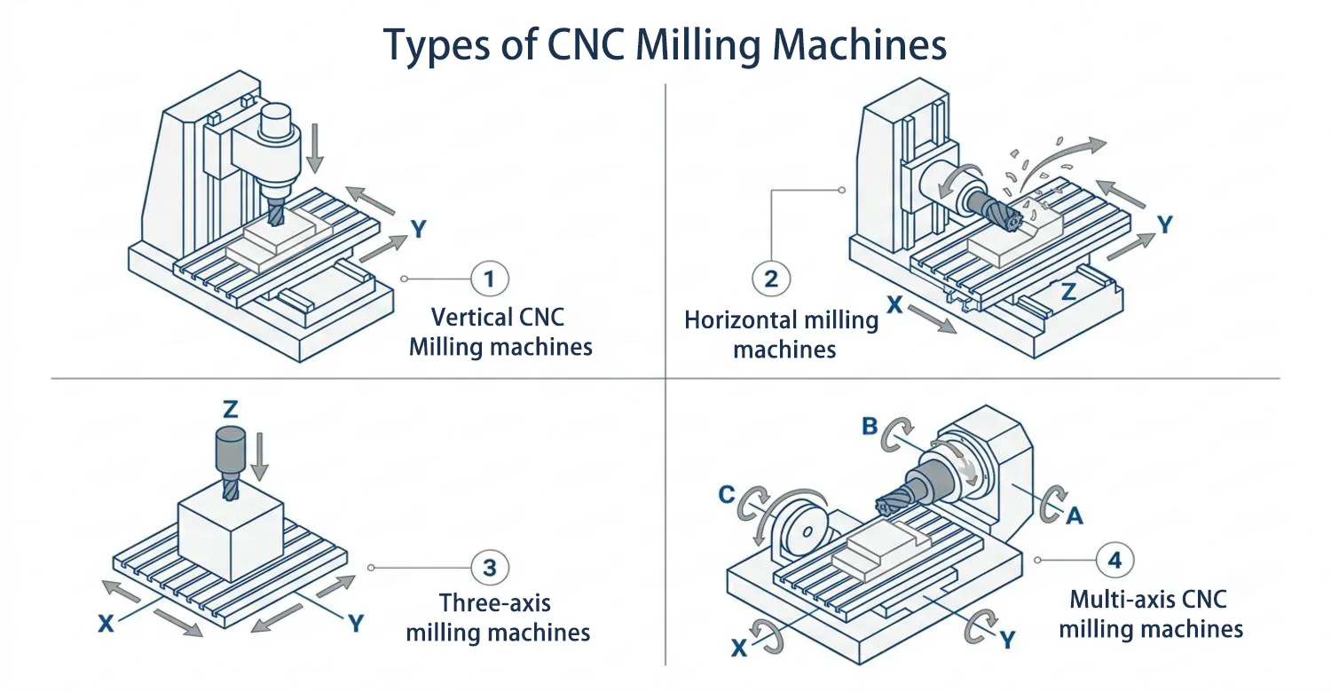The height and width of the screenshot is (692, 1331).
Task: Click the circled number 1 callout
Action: [490, 279]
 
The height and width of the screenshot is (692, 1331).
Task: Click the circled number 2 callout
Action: [771, 279]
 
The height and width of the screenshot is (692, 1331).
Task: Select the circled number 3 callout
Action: [490, 567]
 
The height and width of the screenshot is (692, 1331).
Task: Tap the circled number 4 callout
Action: [1114, 560]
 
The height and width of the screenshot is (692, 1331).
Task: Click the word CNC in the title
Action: [586, 44]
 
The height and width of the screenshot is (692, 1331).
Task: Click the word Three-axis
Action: [495, 603]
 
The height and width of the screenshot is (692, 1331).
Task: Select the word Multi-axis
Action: [1117, 600]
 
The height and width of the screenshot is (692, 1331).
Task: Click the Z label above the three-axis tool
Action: [230, 409]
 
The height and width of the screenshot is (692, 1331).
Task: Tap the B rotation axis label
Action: [870, 426]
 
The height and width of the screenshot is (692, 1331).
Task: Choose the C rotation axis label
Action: [727, 494]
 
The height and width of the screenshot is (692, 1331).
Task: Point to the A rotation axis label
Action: [1075, 516]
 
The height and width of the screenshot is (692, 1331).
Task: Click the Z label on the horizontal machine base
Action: [1068, 291]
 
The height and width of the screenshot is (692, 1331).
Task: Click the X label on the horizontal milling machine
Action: [894, 305]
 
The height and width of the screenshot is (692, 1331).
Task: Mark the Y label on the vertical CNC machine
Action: [419, 229]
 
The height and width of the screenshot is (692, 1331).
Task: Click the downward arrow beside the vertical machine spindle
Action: [316, 148]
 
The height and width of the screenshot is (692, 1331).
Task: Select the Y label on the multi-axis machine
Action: [1007, 641]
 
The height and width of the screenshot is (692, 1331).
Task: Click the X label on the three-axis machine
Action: [106, 624]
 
